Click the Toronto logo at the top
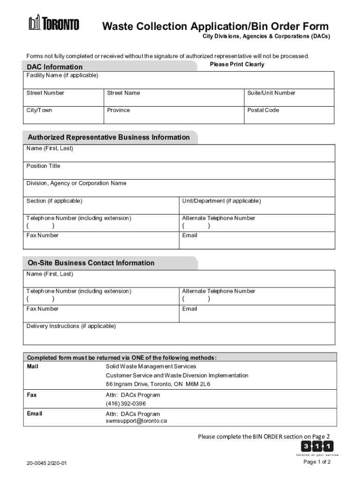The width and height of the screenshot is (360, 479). coord(54,23)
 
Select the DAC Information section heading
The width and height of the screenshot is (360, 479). coord(55,67)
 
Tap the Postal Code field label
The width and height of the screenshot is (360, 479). coord(263,110)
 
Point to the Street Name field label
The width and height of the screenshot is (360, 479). coord(123,93)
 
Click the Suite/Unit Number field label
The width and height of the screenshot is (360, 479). coord(272,93)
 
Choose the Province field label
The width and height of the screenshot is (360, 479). coord(119,110)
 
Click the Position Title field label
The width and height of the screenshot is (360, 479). coord(43,166)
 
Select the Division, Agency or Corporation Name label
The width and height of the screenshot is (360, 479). coord(76,183)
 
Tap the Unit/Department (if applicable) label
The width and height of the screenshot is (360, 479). coord(222,201)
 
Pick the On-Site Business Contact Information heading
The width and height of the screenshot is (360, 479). coord(91,263)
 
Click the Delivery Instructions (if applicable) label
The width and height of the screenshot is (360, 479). coord(71,326)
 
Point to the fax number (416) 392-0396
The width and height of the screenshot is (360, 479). coord(126,404)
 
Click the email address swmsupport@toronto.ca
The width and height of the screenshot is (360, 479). coord(136,421)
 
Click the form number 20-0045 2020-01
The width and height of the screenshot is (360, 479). coord(47,464)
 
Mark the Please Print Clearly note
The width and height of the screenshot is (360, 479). coord(237,65)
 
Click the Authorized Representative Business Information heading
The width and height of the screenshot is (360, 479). coord(108,138)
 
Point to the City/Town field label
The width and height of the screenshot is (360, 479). coord(39,110)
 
